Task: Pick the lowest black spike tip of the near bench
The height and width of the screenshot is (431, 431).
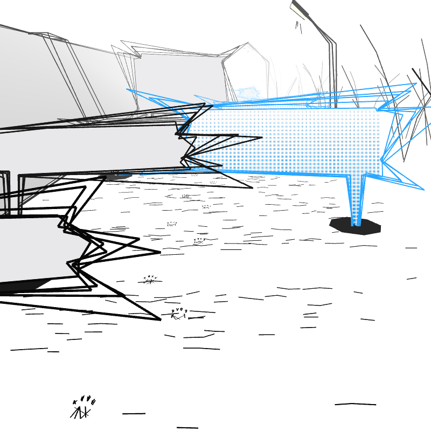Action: (x=160, y=319)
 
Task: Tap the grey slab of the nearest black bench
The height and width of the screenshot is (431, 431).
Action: (x=32, y=248)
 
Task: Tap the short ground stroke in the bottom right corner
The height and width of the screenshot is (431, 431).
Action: (x=355, y=404)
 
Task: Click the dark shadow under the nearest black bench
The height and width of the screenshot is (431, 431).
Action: (x=22, y=286)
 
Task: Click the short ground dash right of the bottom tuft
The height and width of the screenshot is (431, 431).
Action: (x=134, y=413)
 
